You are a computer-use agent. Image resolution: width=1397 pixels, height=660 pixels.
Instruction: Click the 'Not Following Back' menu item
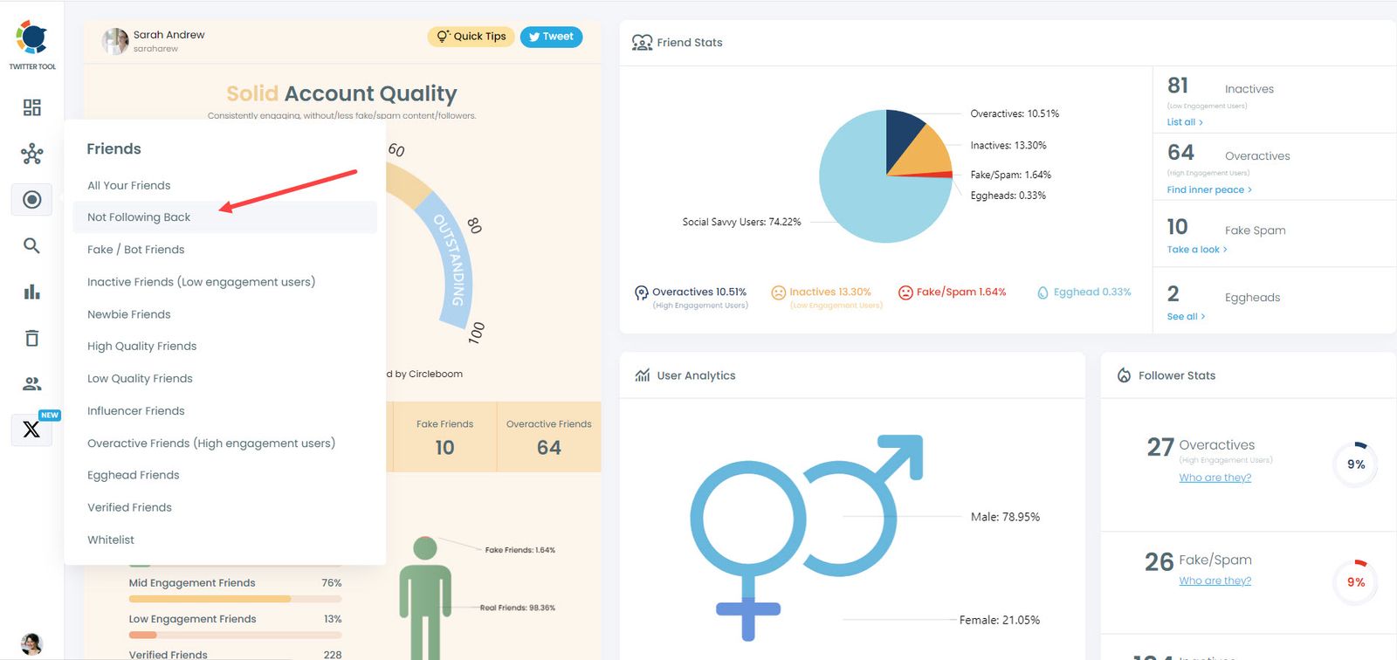tap(139, 217)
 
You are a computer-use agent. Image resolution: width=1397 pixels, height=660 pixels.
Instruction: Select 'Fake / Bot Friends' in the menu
tap(135, 250)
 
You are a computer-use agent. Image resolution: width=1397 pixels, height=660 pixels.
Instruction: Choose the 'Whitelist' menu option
tap(111, 540)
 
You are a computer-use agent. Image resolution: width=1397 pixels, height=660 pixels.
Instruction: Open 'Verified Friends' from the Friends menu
tap(129, 508)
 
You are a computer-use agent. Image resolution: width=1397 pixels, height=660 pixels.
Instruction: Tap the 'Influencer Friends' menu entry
tap(135, 411)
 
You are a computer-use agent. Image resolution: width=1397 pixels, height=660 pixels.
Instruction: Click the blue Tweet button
tap(551, 37)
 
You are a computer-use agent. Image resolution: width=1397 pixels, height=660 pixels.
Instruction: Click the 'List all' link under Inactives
tap(1184, 122)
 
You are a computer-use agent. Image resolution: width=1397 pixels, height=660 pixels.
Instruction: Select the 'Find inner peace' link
tap(1208, 189)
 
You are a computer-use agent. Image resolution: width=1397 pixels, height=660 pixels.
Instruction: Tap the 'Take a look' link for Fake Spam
tap(1196, 250)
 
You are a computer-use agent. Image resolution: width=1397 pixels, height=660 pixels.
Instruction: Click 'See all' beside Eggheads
tap(1185, 317)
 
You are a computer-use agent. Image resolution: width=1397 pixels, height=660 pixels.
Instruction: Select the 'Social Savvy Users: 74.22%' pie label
tap(741, 223)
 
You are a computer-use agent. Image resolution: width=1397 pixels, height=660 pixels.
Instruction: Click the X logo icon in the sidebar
tap(31, 430)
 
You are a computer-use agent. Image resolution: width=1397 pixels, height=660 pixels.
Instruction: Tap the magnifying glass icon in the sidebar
tap(31, 246)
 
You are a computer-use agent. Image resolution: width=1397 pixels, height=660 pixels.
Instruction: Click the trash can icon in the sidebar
tap(31, 338)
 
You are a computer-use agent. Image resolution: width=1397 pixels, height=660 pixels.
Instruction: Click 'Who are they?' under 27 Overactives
tap(1215, 478)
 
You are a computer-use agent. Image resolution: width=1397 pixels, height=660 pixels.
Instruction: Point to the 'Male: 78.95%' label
tap(1005, 518)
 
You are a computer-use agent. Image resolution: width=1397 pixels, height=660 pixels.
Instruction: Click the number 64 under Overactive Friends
tap(548, 448)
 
